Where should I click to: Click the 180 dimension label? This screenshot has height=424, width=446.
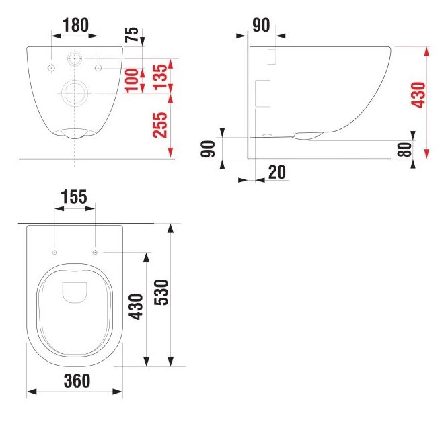point(75,25)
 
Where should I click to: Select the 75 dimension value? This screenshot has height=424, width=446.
point(132,35)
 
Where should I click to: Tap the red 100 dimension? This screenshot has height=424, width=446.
point(132,81)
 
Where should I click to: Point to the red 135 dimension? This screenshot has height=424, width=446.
point(159,77)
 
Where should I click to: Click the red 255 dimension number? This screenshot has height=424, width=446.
point(159,125)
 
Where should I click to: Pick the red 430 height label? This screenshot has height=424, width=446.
point(418,95)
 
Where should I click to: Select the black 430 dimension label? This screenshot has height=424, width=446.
point(136,307)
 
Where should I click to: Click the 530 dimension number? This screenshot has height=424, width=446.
point(161,292)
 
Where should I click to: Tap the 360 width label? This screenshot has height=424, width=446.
point(77,381)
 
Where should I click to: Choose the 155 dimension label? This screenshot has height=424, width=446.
point(74,197)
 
